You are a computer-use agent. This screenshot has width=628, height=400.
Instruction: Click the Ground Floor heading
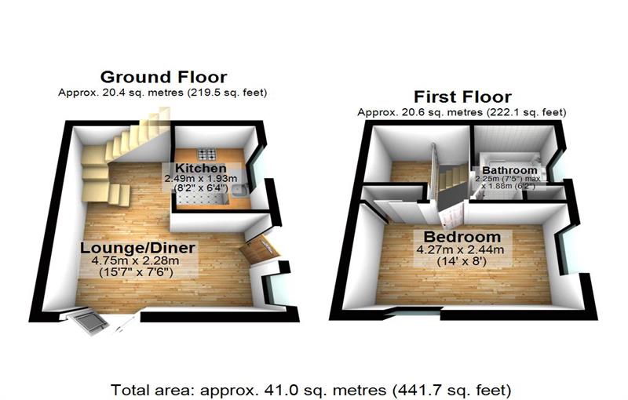pyautogui.click(x=163, y=77)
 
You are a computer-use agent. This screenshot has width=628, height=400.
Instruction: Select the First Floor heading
pyautogui.click(x=462, y=97)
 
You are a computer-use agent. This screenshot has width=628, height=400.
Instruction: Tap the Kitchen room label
pyautogui.click(x=201, y=169)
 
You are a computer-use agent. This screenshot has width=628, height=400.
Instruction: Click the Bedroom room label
pyautogui.click(x=462, y=237)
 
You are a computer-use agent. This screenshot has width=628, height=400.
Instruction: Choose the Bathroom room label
pyautogui.click(x=510, y=170)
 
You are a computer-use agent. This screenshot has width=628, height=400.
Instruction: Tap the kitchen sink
pyautogui.click(x=242, y=191)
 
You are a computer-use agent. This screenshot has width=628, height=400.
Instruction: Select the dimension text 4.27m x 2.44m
pyautogui.click(x=462, y=250)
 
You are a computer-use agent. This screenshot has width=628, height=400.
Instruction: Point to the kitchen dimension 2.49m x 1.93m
pyautogui.click(x=206, y=179)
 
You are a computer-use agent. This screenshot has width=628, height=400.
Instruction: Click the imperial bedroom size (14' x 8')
pyautogui.click(x=462, y=263)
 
